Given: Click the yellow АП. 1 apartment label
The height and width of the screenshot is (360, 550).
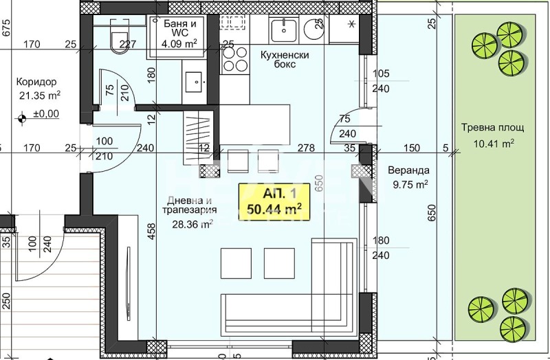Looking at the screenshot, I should [273, 203].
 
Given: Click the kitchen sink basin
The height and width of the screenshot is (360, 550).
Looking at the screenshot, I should [283, 30].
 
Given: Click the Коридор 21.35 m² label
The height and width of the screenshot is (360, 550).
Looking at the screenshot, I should [38, 88].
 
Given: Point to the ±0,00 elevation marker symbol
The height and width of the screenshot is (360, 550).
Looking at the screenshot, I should [23, 117].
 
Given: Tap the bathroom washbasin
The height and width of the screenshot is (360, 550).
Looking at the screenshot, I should [197, 80].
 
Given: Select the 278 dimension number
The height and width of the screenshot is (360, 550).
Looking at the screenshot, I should [307, 148].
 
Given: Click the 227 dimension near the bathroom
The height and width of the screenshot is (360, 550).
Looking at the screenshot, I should [128, 45].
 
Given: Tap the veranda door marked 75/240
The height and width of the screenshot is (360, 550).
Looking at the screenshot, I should [348, 126].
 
